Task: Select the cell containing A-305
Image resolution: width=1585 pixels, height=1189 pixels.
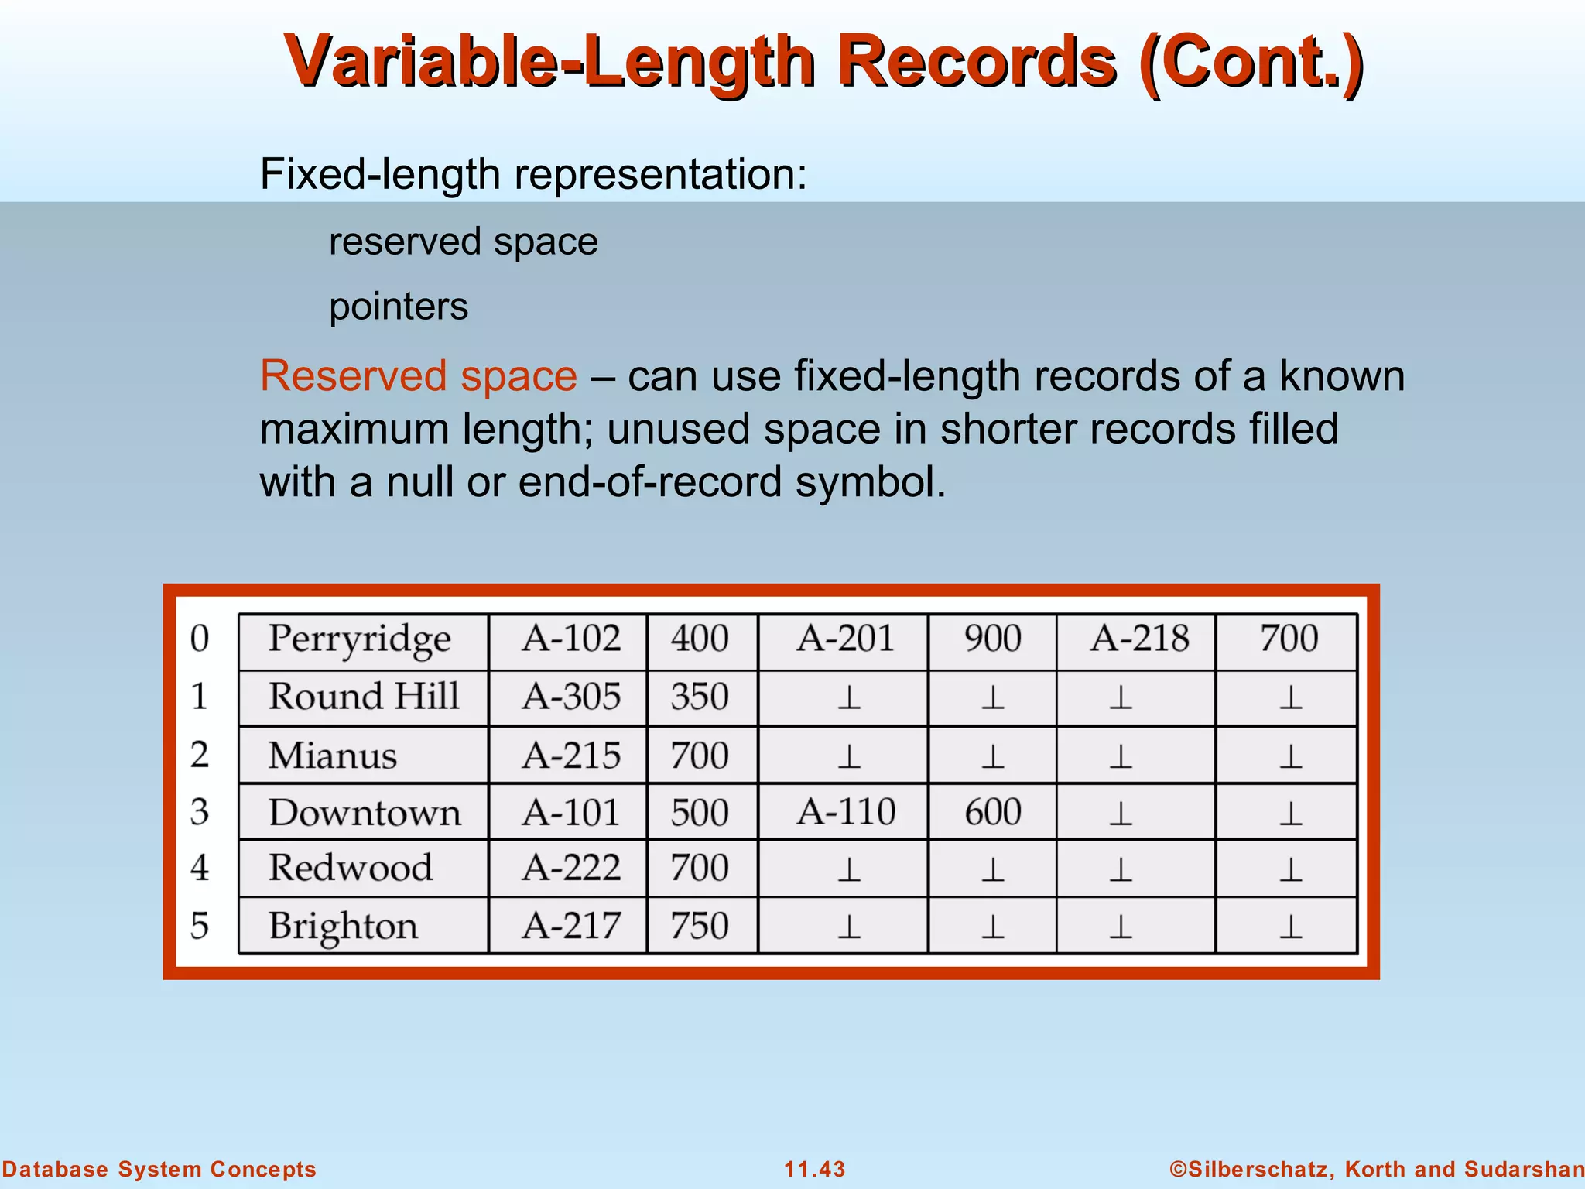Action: [x=571, y=697]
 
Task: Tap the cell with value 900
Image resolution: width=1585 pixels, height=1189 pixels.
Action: [x=992, y=639]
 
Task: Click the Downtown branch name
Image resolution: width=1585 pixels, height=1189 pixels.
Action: [x=365, y=813]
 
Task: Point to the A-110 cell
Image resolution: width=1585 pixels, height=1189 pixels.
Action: [x=846, y=813]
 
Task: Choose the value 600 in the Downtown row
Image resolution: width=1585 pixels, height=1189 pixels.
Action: [x=992, y=813]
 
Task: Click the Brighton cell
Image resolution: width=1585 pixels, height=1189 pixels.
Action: [x=343, y=927]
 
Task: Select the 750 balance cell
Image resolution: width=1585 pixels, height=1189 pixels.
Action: [x=700, y=927]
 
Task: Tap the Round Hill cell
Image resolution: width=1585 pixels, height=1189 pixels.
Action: [x=364, y=697]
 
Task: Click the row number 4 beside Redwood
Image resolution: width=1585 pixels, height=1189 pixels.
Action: [x=200, y=868]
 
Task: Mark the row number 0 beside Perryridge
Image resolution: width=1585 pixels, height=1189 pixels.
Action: [x=200, y=639]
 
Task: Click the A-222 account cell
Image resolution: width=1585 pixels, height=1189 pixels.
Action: [x=571, y=868]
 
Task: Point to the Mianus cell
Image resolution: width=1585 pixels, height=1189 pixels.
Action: [x=333, y=756]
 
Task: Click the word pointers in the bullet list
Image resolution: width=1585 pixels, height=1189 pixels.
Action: [x=399, y=307]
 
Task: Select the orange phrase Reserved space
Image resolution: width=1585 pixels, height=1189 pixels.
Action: [x=418, y=376]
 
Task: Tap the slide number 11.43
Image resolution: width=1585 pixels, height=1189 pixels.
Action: [x=814, y=1169]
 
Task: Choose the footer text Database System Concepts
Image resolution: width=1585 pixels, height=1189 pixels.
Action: [x=159, y=1169]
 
